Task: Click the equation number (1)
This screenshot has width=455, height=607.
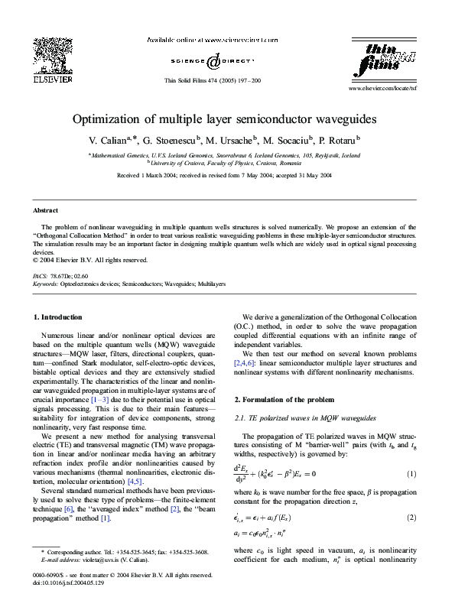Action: tap(411, 473)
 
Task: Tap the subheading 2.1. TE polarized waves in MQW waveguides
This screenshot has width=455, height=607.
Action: tap(294, 418)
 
